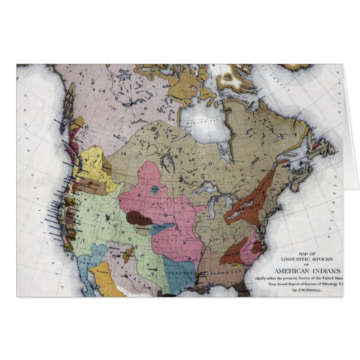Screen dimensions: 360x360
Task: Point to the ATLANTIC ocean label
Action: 335,162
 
